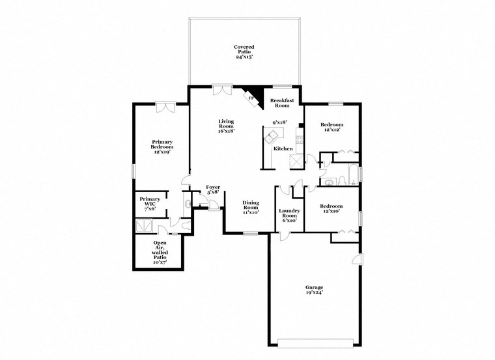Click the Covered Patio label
(244, 51)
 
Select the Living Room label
(226, 126)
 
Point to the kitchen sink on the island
(271, 135)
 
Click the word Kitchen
(283, 149)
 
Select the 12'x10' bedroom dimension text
(331, 211)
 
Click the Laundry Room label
(289, 215)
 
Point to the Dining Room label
(251, 207)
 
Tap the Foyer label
(213, 189)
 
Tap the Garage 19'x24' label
(314, 290)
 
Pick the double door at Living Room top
(221, 89)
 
